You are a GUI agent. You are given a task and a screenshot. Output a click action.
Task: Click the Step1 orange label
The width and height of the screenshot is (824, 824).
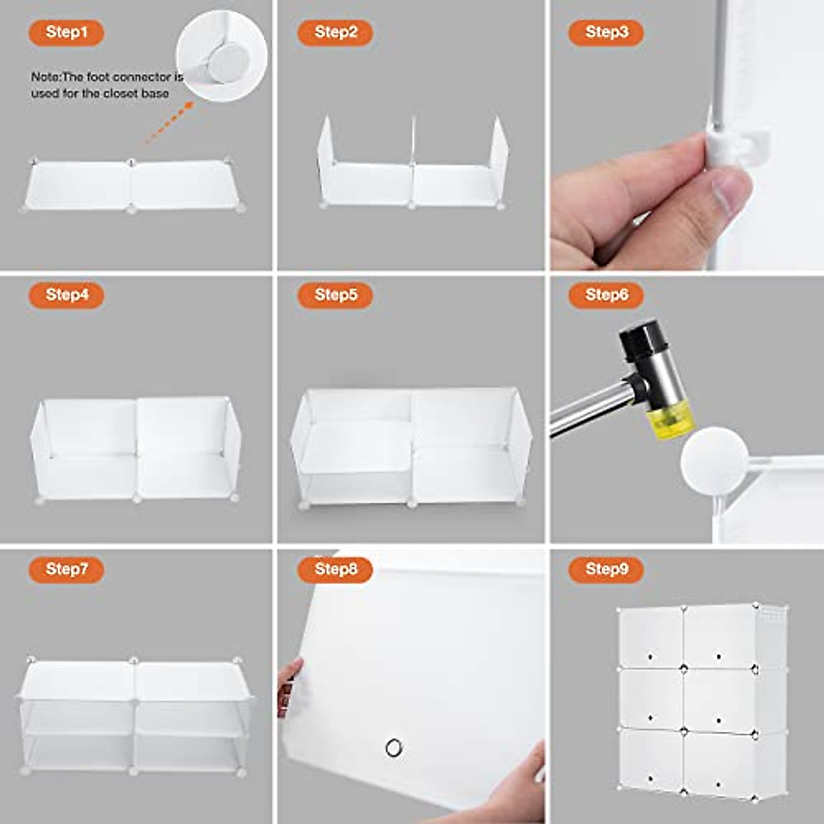click(x=67, y=32)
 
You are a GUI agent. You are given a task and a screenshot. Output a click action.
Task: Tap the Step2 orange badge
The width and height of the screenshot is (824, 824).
click(x=335, y=32)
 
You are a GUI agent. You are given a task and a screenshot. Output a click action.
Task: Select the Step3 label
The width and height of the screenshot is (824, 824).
click(x=606, y=32)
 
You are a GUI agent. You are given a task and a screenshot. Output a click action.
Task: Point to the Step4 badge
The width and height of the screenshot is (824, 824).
click(x=67, y=295)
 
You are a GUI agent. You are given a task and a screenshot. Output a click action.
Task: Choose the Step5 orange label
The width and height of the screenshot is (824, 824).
click(x=335, y=295)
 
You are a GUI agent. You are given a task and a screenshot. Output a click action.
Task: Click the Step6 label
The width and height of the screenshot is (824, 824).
click(x=606, y=295)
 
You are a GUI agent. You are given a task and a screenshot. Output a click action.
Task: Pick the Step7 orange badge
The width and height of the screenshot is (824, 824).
click(x=67, y=569)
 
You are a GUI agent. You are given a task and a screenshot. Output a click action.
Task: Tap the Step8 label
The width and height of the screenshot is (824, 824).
click(x=335, y=569)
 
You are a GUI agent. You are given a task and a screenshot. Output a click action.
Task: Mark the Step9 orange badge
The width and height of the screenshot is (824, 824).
click(x=606, y=569)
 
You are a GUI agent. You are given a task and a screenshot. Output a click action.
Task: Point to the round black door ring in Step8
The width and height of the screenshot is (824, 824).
click(x=394, y=748)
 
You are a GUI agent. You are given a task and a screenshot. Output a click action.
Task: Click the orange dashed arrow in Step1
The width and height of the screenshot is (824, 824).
click(x=170, y=122)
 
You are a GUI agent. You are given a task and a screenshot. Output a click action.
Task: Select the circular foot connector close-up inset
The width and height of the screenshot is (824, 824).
click(x=222, y=56)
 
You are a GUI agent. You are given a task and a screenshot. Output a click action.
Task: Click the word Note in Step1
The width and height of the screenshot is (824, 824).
click(x=46, y=78)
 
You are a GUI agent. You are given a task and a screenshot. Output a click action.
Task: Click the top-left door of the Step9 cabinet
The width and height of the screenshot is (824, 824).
click(x=651, y=637)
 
